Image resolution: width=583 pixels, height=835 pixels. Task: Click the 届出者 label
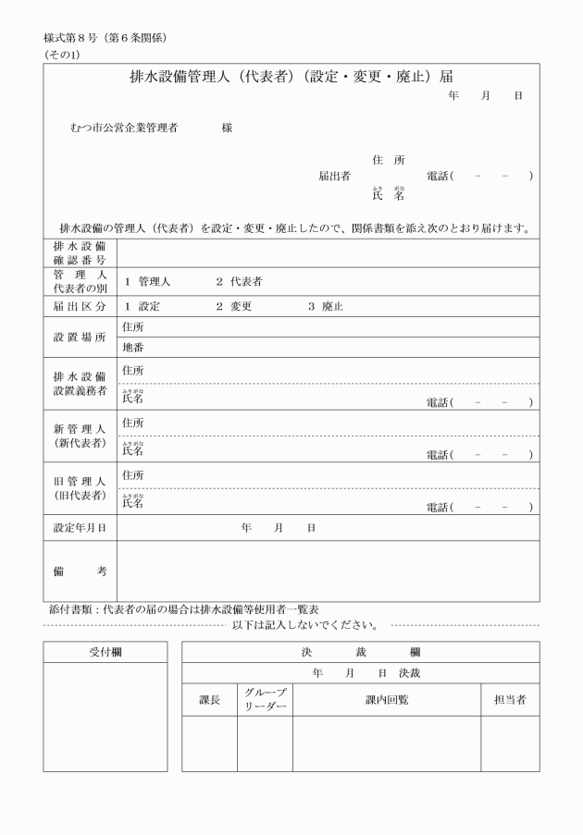point(333,176)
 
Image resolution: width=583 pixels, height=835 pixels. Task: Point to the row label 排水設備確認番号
point(80,253)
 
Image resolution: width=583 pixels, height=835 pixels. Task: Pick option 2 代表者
point(239,281)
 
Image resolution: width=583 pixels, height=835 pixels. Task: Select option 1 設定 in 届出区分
point(143,306)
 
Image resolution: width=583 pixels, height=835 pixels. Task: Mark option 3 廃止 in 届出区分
point(326,306)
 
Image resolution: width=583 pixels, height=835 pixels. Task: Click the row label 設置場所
point(80,338)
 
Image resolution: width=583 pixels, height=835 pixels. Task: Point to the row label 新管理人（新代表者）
point(80,436)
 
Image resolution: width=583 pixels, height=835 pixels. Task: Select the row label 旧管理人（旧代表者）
point(80,488)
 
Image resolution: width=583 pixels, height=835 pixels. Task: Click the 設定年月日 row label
point(80,527)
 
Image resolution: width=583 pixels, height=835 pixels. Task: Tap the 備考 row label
point(80,571)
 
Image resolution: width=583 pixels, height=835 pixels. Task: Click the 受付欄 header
point(105,652)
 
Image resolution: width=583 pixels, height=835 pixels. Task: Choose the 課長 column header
point(210,700)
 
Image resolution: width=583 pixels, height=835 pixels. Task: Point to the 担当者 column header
point(510,700)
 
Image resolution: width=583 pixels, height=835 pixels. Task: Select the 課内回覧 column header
point(386,700)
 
